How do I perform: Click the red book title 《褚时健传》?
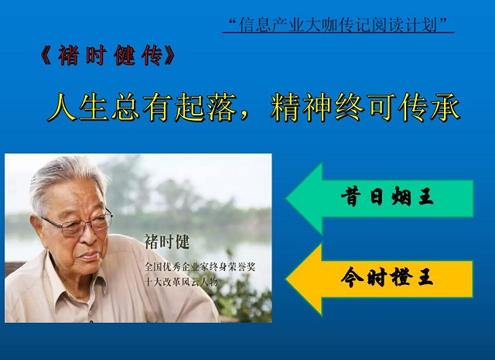click(108, 56)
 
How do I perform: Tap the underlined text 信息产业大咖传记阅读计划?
click(337, 25)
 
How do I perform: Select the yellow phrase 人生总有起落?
click(142, 107)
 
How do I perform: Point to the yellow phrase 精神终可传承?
click(365, 107)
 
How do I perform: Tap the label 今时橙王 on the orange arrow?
click(387, 277)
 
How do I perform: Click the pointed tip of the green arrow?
click(286, 198)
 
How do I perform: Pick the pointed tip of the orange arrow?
click(286, 279)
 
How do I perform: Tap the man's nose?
click(90, 236)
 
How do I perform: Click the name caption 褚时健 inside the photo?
click(167, 242)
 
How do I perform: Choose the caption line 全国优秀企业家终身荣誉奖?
click(200, 267)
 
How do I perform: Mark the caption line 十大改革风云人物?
click(181, 282)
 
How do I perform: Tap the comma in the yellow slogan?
click(244, 117)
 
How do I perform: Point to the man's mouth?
click(90, 255)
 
